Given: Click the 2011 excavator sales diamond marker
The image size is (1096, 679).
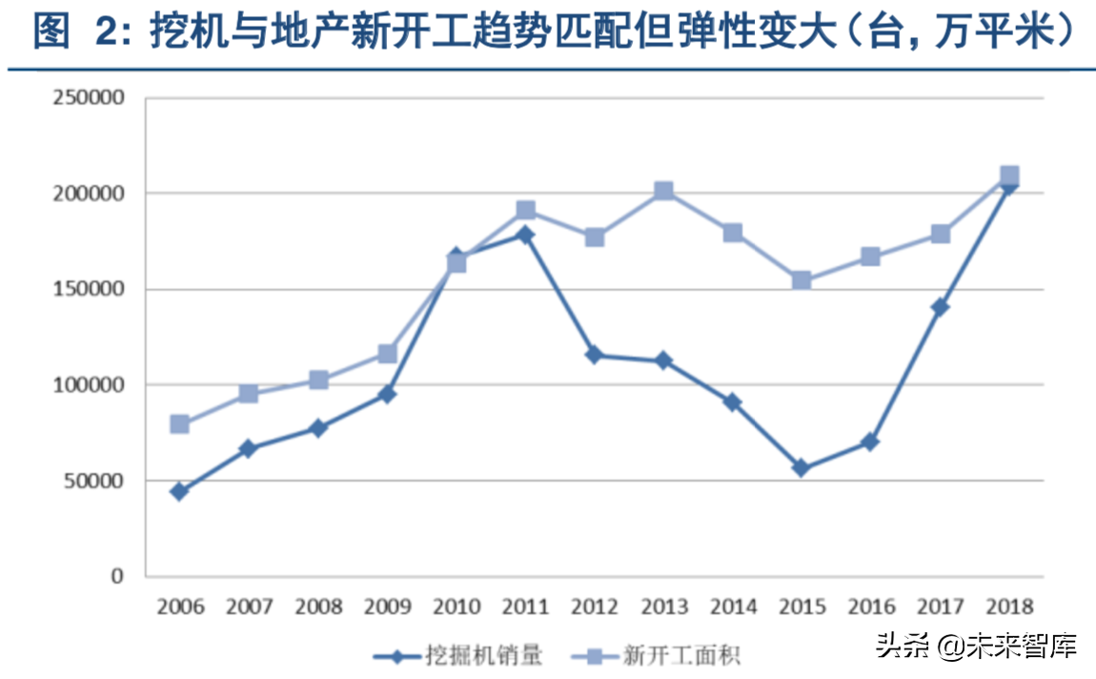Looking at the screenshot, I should point(524,235).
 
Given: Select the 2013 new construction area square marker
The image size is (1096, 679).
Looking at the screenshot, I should point(663,192).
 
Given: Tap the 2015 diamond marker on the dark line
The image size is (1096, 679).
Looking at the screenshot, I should point(802,468).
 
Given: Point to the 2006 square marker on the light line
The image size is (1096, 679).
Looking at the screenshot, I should point(179,424).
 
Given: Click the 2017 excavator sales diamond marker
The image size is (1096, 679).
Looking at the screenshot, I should point(940,307).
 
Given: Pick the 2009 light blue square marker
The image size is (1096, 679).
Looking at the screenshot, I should point(387,354).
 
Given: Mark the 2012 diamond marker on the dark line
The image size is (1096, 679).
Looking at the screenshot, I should point(594,355).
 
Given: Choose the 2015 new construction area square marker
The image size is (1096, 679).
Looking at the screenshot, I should point(802,280).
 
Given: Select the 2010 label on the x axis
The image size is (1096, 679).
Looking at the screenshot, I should point(456,607).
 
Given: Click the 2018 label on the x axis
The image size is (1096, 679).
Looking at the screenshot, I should point(1008,607).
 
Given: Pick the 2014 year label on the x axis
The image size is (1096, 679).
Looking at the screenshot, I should point(732,607).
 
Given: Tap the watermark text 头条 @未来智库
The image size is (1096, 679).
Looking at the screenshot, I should point(976,647).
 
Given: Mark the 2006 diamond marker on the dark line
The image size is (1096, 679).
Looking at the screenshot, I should point(179,491).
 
